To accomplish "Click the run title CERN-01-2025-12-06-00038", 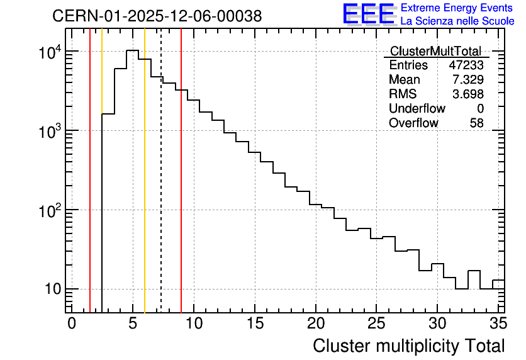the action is [157, 16].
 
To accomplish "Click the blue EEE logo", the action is [369, 14].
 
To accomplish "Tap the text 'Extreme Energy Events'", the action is [457, 8].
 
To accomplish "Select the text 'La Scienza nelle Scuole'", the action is [457, 21].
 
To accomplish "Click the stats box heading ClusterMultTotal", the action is [436, 51].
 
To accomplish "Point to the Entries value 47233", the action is [466, 65].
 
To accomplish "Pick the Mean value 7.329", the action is [468, 79].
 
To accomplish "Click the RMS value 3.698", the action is [468, 94].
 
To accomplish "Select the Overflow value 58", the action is [477, 123].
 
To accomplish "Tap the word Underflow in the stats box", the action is [417, 108].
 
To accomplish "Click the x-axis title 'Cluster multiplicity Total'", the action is [409, 346].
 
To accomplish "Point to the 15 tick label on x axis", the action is [255, 323].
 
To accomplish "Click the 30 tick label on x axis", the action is [437, 323].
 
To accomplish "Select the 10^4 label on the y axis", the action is [50, 52].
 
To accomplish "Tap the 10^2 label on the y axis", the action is [50, 211].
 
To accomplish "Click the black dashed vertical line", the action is [161, 171].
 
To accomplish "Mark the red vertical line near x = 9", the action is [181, 171].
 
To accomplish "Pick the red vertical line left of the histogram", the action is [90, 171].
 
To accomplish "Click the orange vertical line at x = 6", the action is [145, 171].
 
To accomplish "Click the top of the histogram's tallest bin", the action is [133, 50].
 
